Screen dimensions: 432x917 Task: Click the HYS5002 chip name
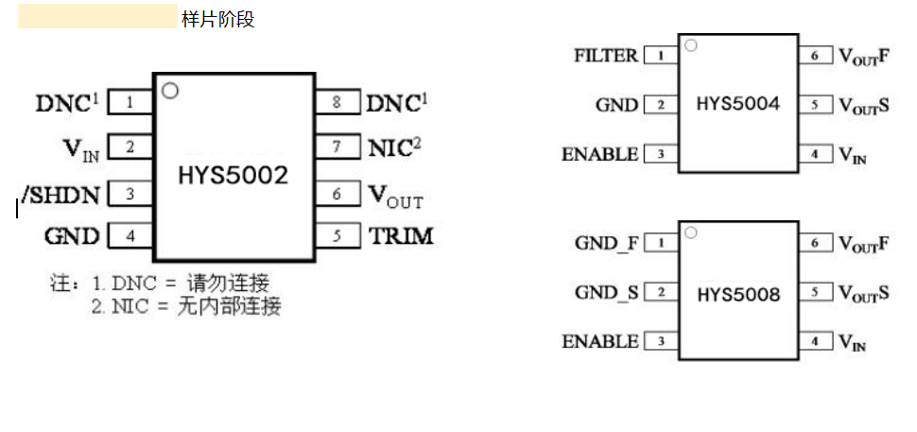pos(234,175)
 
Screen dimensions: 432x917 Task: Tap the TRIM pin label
pos(401,236)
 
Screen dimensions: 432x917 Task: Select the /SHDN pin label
pos(61,194)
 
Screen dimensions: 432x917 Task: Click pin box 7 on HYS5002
pos(337,147)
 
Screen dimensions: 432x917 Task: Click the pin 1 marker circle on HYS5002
pos(170,92)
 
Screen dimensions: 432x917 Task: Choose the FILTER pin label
pos(606,56)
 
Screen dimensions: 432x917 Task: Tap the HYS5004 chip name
pos(738,104)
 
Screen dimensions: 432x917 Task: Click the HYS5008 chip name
pos(738,295)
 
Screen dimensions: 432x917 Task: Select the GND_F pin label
pos(607,244)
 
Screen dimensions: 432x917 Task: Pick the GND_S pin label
pos(607,293)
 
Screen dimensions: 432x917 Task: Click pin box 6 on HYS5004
pos(816,56)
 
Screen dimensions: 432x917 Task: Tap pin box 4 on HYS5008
pos(816,341)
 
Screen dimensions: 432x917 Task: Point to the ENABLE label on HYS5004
pos(600,154)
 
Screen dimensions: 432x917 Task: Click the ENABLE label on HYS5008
pos(600,341)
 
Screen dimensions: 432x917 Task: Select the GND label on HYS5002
pos(72,236)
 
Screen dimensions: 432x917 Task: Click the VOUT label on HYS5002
pos(395,196)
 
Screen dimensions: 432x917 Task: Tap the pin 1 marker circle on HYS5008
pos(691,233)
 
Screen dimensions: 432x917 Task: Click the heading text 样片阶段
pos(217,19)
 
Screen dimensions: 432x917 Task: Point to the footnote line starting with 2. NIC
pos(186,306)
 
